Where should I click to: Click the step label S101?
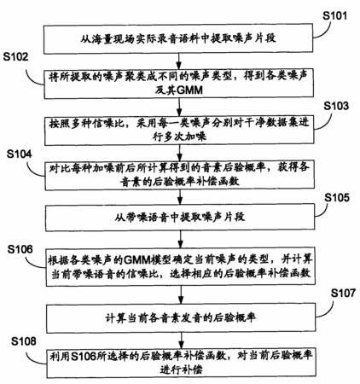click(x=334, y=15)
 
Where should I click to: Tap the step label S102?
click(x=16, y=57)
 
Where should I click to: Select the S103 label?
click(x=336, y=106)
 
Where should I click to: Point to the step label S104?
click(x=20, y=154)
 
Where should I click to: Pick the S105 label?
click(x=337, y=197)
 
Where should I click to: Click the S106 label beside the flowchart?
click(x=20, y=249)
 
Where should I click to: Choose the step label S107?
click(x=343, y=293)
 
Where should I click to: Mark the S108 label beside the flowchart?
click(x=24, y=341)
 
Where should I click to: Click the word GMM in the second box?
click(x=189, y=90)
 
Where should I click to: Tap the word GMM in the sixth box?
click(x=137, y=259)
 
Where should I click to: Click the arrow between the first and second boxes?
click(x=179, y=61)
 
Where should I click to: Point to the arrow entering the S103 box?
click(x=179, y=107)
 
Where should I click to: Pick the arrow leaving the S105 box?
click(x=180, y=239)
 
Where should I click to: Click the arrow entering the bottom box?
click(x=181, y=340)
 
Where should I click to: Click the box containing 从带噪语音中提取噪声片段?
click(x=180, y=217)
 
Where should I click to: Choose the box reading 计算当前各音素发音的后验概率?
click(x=181, y=317)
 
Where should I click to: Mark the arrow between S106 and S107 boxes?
click(x=181, y=294)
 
